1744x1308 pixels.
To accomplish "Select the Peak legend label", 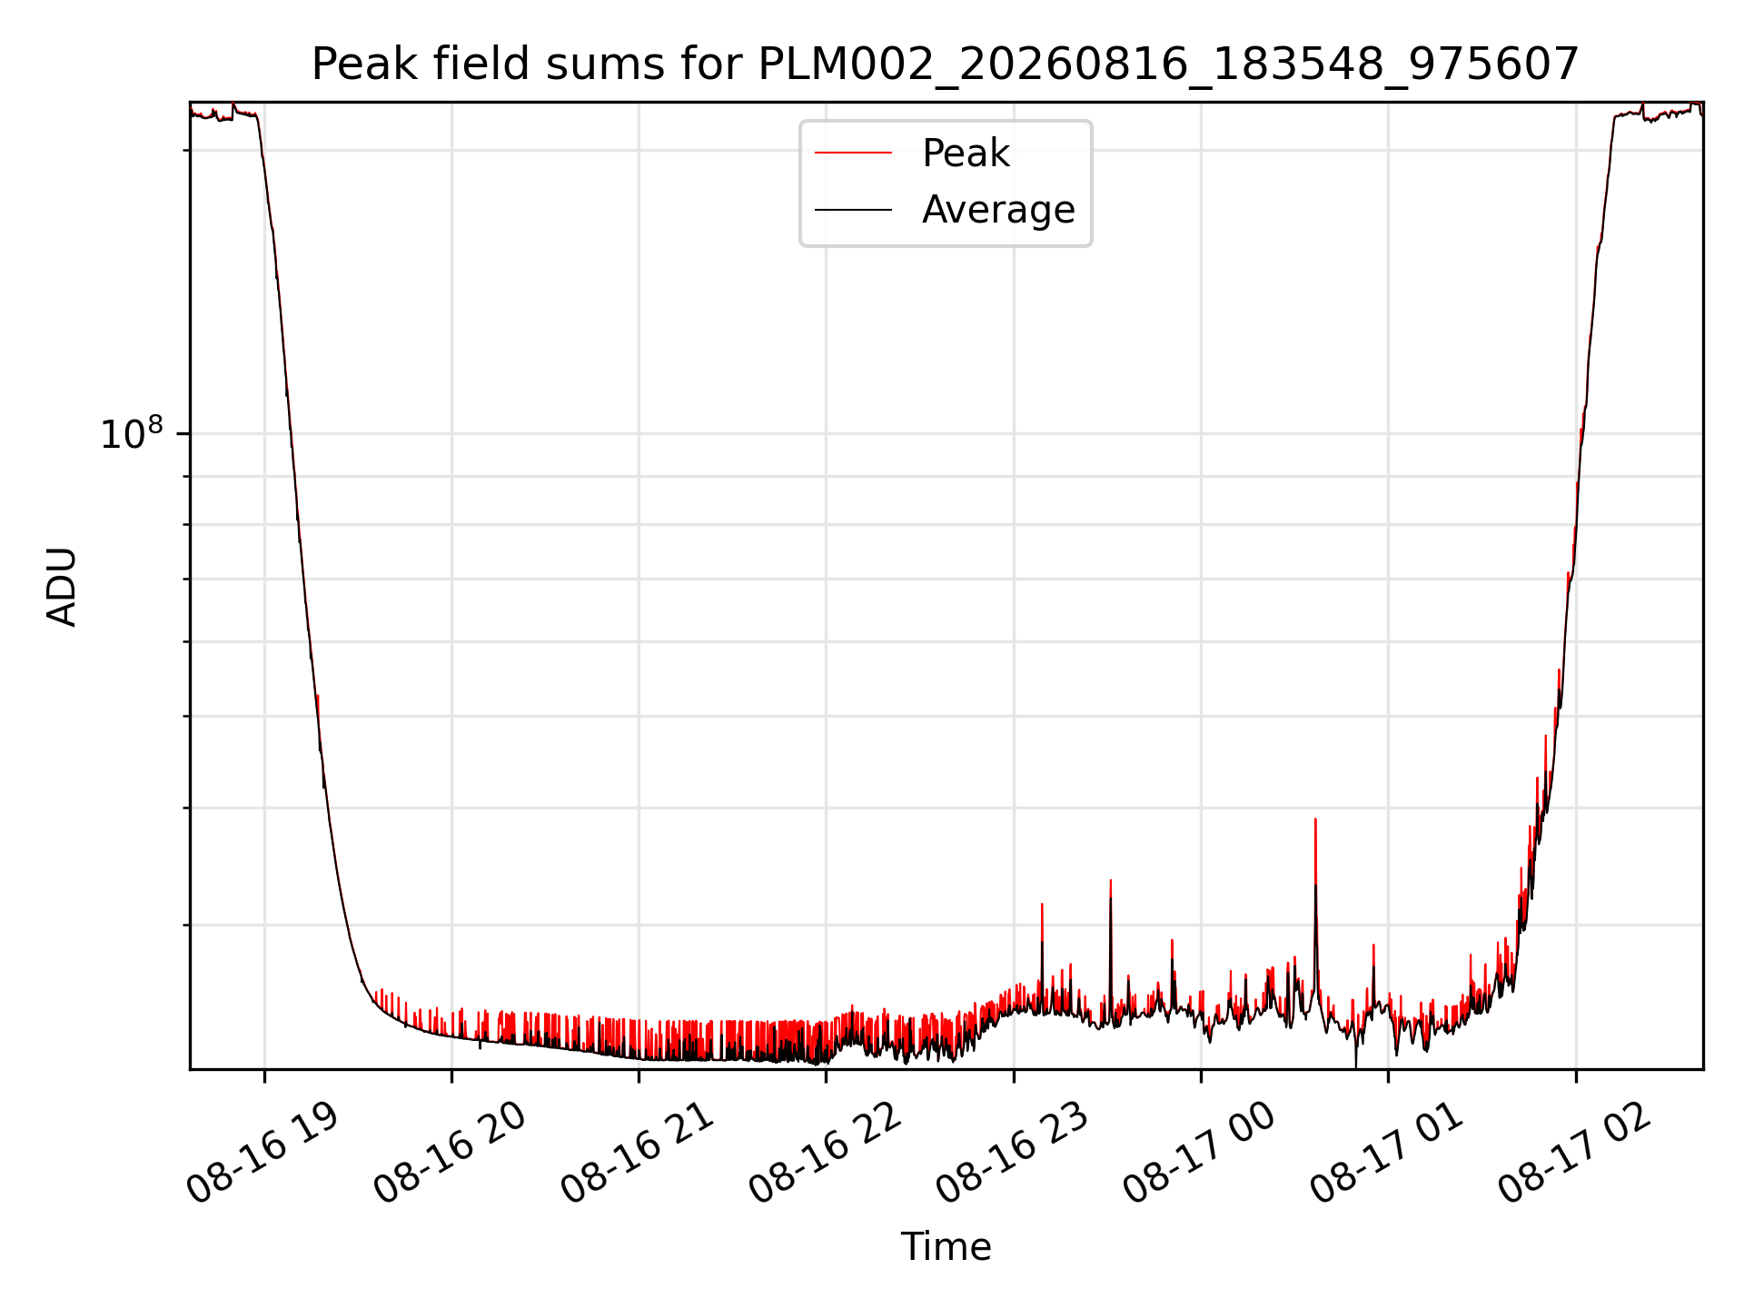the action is coord(966,154).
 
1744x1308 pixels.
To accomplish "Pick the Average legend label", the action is coord(998,210).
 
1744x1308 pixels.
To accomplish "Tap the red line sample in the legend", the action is coord(853,154).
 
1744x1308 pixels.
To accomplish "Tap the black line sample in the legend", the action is coord(853,210).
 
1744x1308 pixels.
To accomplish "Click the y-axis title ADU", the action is coord(62,586).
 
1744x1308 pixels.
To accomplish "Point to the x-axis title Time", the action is coord(946,1247).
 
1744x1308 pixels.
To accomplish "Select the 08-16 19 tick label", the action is coord(263,1154).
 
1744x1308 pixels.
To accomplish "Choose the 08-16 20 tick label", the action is coord(451,1154).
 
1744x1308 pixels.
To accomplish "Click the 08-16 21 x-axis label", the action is coord(639,1154).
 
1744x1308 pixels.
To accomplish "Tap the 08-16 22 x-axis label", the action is coord(826,1154).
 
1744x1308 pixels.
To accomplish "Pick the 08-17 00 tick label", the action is coord(1201,1154).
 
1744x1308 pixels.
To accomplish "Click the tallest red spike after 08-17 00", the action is coord(1315,819).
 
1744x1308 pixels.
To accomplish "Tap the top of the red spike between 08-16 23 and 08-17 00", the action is coord(1110,880).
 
